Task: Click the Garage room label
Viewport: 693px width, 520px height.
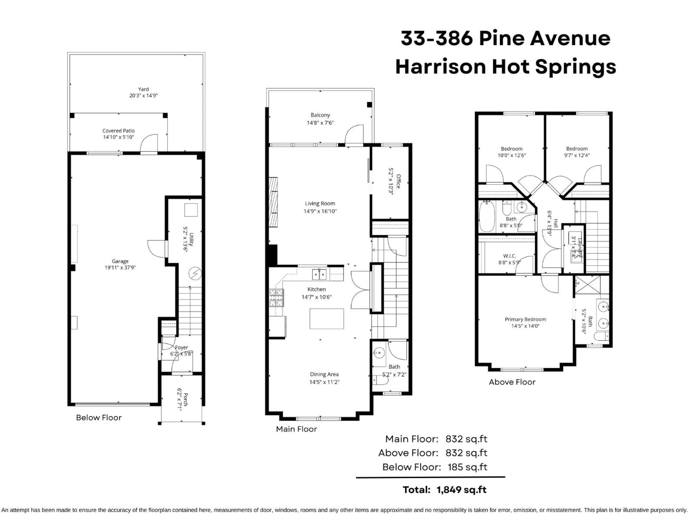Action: (120, 261)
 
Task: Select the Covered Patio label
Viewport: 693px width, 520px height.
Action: (118, 131)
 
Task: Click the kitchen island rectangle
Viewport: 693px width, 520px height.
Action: (326, 319)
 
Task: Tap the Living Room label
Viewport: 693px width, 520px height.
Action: (320, 203)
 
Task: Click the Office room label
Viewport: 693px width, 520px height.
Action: (398, 181)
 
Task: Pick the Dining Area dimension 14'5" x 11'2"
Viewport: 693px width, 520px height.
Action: (324, 382)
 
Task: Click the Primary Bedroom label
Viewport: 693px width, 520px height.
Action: (525, 319)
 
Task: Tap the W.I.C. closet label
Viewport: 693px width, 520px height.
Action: (509, 256)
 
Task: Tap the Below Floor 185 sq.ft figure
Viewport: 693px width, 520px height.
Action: (467, 467)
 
